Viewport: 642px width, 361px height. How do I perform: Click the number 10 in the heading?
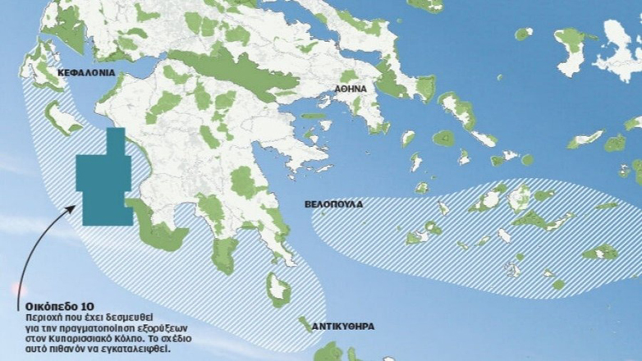click(97, 305)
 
